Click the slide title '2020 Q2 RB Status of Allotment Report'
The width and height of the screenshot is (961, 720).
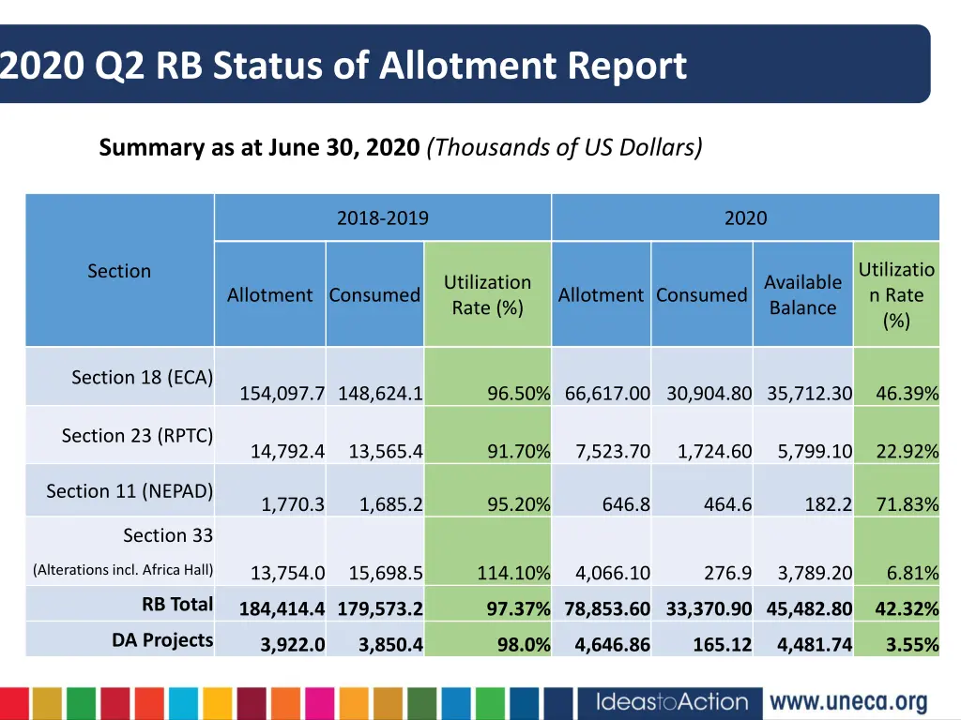pyautogui.click(x=343, y=67)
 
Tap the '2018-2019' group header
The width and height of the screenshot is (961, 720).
pyautogui.click(x=382, y=218)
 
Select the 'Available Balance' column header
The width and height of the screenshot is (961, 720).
pyautogui.click(x=802, y=294)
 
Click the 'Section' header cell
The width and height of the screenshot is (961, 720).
pyautogui.click(x=119, y=271)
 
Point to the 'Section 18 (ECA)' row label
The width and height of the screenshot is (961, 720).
pyautogui.click(x=142, y=377)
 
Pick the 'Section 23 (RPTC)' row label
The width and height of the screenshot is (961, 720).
pyautogui.click(x=137, y=435)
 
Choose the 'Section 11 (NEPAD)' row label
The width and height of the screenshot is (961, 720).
pyautogui.click(x=130, y=490)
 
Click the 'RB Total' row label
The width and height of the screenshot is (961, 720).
pyautogui.click(x=177, y=604)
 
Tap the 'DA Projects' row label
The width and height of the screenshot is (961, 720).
pyautogui.click(x=162, y=640)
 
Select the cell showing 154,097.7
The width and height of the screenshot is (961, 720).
pyautogui.click(x=282, y=394)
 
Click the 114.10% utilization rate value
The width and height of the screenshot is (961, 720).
pyautogui.click(x=512, y=573)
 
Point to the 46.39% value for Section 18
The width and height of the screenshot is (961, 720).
pyautogui.click(x=907, y=394)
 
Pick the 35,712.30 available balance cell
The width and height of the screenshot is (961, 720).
pyautogui.click(x=809, y=394)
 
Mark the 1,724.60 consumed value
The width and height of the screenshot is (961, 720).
pyautogui.click(x=714, y=452)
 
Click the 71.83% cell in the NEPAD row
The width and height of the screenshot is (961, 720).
pyautogui.click(x=907, y=505)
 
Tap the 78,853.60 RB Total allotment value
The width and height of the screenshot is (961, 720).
pyautogui.click(x=607, y=609)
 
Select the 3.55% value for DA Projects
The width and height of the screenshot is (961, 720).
pyautogui.click(x=911, y=645)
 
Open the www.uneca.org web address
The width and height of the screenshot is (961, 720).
pyautogui.click(x=847, y=702)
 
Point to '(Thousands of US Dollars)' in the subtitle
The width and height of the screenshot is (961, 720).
pyautogui.click(x=564, y=147)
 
